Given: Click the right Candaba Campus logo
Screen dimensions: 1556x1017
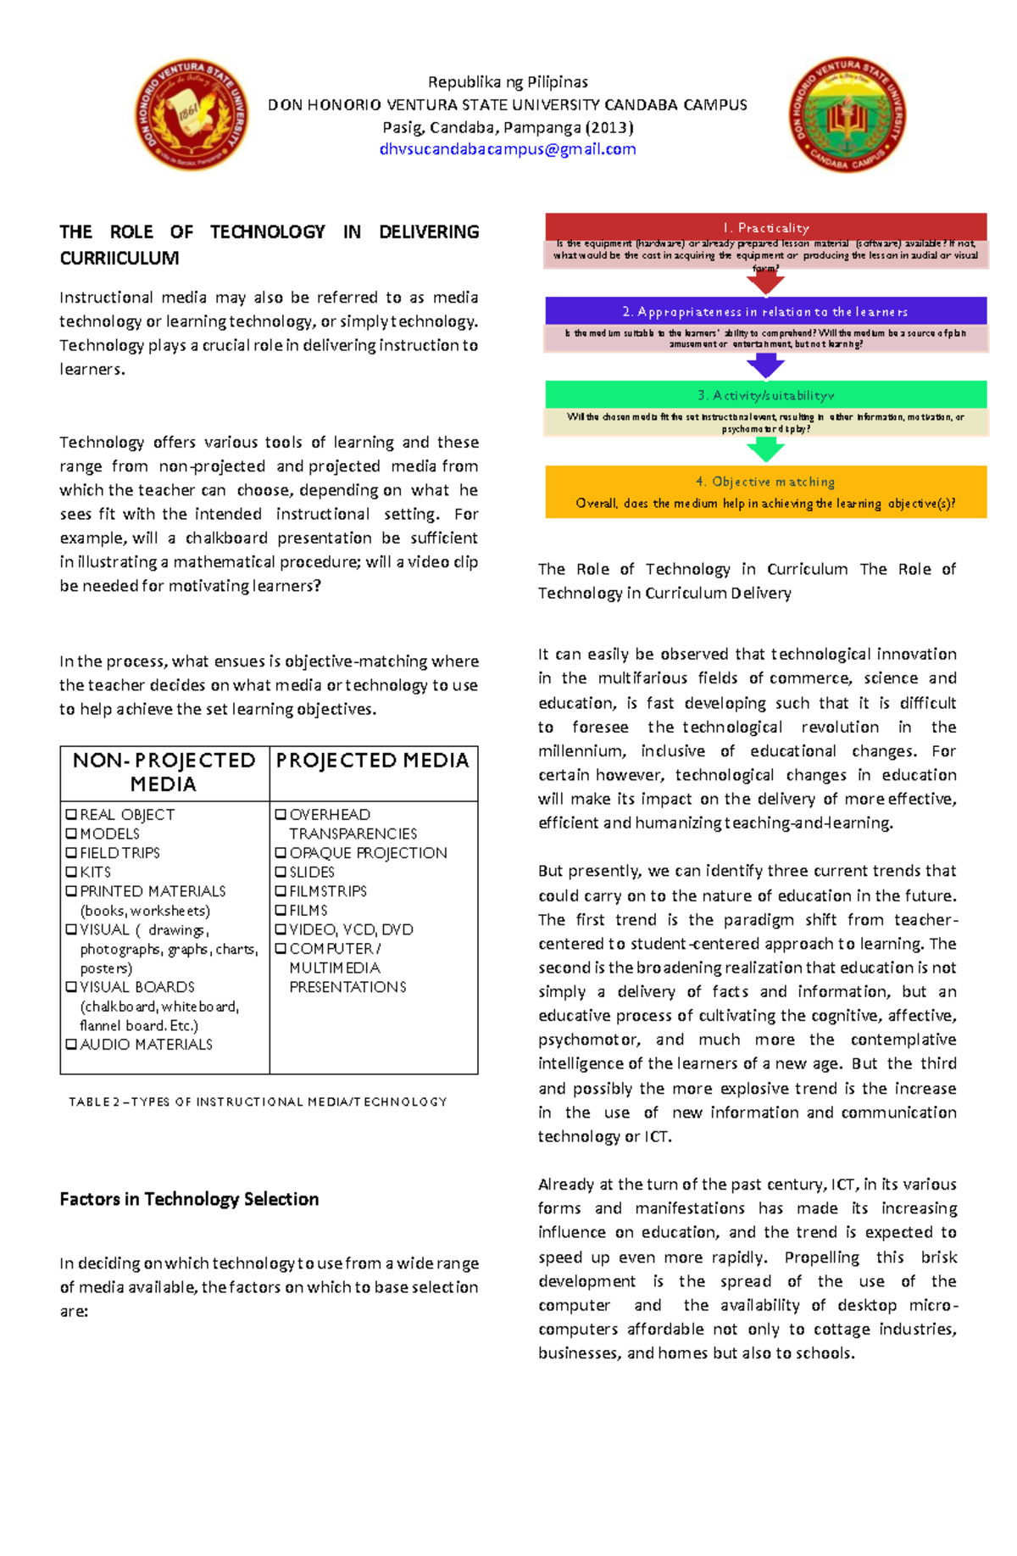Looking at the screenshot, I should click(x=847, y=115).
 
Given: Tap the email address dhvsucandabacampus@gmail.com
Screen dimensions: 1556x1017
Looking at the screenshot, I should click(x=508, y=149).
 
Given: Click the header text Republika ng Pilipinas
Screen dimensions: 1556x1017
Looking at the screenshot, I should click(x=508, y=82).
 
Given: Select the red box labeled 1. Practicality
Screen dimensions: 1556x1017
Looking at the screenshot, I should click(x=765, y=227).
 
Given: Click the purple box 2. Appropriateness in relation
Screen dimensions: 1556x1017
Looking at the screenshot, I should click(x=765, y=311).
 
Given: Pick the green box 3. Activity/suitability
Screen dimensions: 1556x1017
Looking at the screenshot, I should click(x=765, y=395).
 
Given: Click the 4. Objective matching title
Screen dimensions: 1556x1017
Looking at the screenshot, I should click(x=765, y=482).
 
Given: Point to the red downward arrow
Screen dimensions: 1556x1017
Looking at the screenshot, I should click(x=765, y=283).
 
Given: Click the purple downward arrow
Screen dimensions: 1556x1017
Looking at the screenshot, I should click(x=765, y=366).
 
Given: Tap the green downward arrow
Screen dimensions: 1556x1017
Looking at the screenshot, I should click(x=765, y=450).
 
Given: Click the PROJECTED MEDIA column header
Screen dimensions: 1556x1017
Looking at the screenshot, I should click(x=373, y=761).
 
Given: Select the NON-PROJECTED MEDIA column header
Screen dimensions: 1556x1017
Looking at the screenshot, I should click(x=164, y=772).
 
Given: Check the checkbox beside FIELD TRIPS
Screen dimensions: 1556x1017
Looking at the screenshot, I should click(x=71, y=853).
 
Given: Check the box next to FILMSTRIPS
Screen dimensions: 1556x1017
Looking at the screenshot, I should click(x=281, y=891).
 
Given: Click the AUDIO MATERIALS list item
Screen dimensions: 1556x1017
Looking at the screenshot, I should click(x=146, y=1045).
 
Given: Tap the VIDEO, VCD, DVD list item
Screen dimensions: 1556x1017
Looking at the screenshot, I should click(x=351, y=929).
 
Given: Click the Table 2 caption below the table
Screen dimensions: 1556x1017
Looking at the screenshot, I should click(x=258, y=1101).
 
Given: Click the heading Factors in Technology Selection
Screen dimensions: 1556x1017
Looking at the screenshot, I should click(x=189, y=1199).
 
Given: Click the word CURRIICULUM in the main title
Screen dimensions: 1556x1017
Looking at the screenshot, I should click(x=119, y=258).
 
